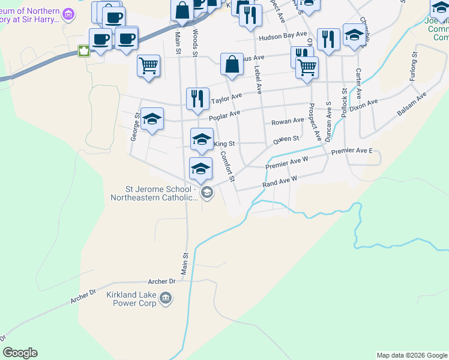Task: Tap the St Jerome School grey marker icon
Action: pos(207,192)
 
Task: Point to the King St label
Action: pos(224,144)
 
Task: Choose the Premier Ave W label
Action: pos(286,162)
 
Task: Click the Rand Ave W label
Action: pos(280,182)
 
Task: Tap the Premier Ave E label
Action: pos(352,151)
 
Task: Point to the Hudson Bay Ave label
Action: pos(283,38)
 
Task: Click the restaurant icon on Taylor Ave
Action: pos(197,98)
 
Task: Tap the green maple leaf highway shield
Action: pos(83,52)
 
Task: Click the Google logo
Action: pos(20,353)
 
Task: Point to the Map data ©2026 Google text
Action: pos(411,355)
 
